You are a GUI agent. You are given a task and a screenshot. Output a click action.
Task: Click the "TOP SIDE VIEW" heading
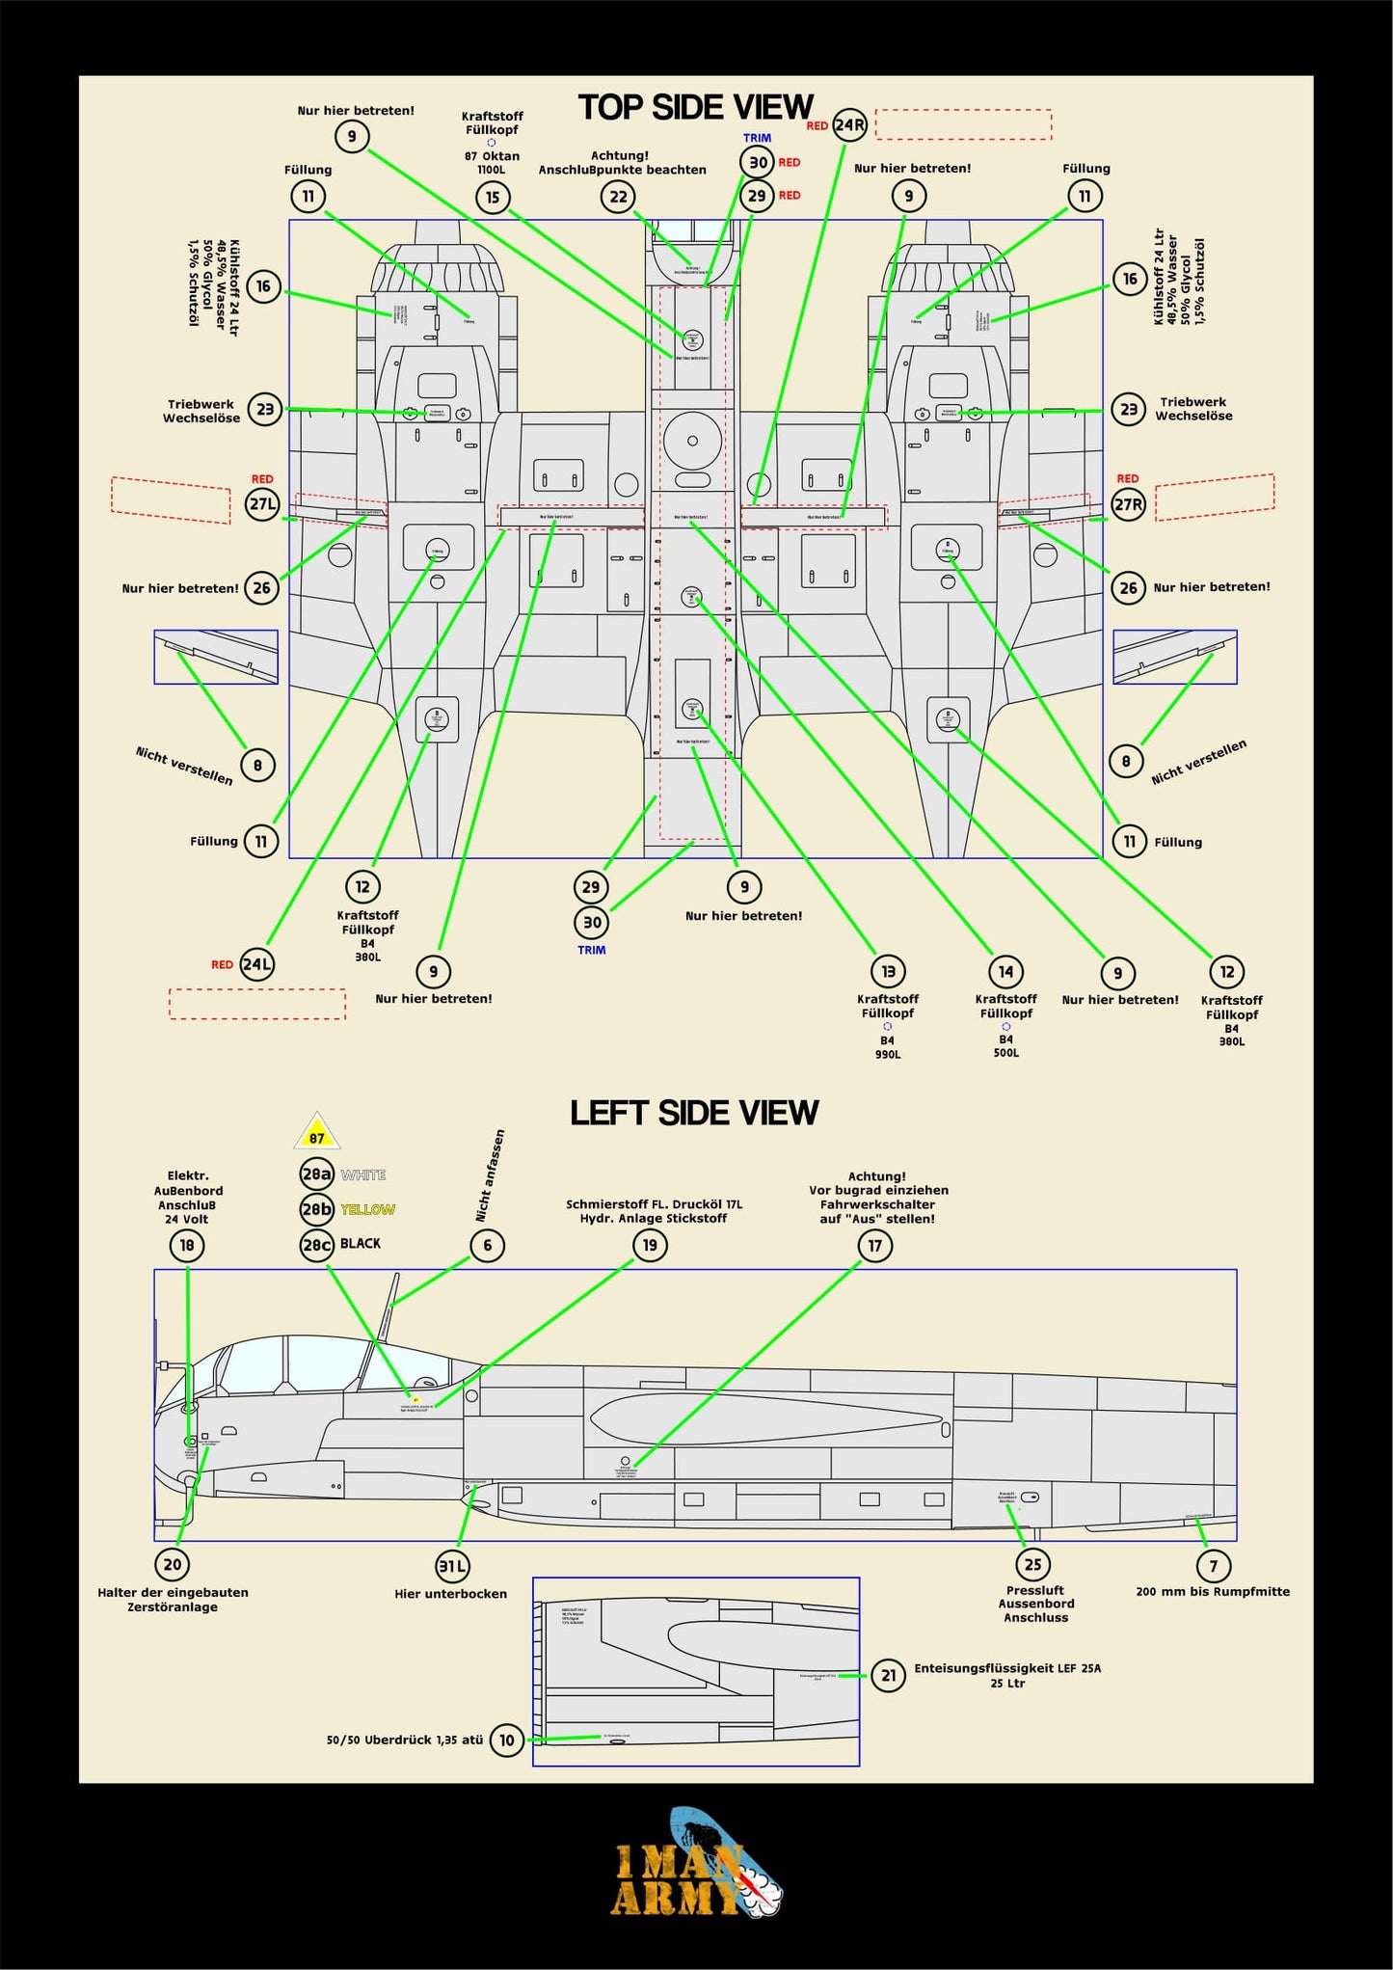tap(695, 107)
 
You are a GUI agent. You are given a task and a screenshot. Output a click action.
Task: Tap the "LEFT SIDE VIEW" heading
tap(694, 1113)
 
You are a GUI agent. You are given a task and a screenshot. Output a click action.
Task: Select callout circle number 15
tap(493, 198)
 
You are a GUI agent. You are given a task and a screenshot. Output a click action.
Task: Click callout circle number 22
tap(618, 197)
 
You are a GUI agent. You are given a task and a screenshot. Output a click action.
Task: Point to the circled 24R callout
tap(849, 125)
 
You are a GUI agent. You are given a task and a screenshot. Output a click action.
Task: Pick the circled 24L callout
tap(256, 964)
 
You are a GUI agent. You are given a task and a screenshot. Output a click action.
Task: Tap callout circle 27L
tap(262, 503)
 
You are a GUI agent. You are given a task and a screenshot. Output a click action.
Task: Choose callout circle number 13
tap(888, 971)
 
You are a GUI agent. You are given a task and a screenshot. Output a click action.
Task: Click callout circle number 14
tap(1005, 971)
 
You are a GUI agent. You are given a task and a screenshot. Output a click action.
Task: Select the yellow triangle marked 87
tap(317, 1134)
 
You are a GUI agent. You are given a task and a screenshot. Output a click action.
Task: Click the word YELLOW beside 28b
tap(367, 1209)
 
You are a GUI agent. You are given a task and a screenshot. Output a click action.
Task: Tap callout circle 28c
tap(317, 1245)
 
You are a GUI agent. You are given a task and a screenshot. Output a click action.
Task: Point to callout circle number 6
tap(488, 1245)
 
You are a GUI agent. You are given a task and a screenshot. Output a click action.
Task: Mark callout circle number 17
tap(874, 1246)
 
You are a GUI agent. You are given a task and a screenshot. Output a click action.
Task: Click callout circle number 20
tap(173, 1564)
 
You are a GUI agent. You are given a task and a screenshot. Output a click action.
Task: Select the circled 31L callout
tap(452, 1566)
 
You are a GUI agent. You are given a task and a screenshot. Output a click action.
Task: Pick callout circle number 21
tap(888, 1675)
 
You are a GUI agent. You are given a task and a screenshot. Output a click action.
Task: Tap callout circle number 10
tap(507, 1740)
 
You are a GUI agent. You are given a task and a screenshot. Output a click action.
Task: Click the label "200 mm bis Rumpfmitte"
tap(1213, 1591)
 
